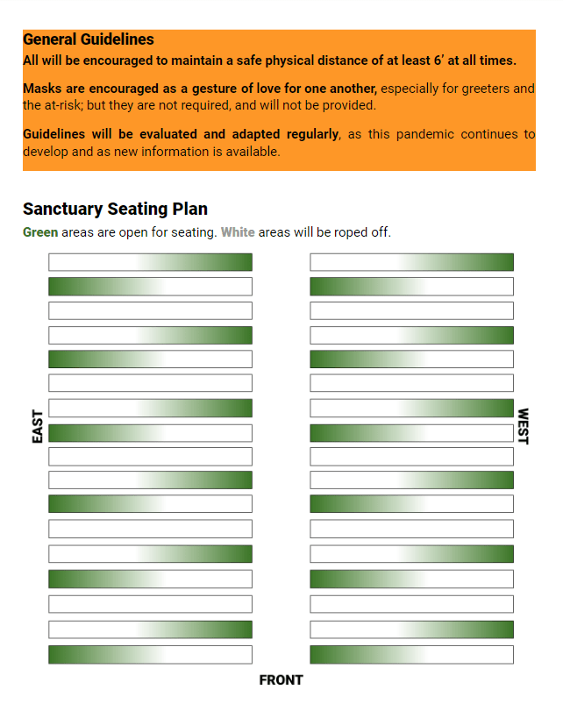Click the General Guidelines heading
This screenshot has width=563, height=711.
click(88, 39)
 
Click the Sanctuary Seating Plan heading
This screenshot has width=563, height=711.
click(115, 209)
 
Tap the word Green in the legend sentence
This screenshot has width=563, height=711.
click(40, 232)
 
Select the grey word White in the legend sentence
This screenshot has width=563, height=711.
click(238, 232)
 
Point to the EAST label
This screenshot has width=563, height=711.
click(38, 426)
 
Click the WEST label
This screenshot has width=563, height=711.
click(524, 426)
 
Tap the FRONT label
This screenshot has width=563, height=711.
click(281, 679)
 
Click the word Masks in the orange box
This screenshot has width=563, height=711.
click(43, 89)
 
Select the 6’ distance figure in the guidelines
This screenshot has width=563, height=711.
click(439, 60)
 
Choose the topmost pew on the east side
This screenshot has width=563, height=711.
click(150, 262)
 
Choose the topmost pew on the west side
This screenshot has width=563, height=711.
click(411, 262)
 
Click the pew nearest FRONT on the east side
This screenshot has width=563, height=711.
click(150, 654)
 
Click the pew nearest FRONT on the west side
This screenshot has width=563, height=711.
click(411, 654)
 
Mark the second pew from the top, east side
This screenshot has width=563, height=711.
click(150, 287)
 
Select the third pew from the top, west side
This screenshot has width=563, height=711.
click(411, 310)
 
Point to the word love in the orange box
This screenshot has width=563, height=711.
click(294, 89)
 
